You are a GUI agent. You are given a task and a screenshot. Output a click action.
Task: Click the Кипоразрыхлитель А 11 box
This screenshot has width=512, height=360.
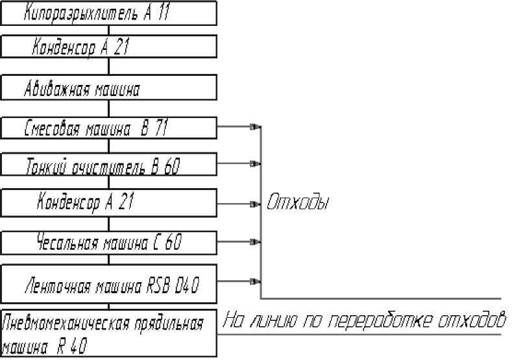[108, 12]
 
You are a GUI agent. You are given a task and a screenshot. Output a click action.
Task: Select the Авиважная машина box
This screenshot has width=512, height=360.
[108, 88]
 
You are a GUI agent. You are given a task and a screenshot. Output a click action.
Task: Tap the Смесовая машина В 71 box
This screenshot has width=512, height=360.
[108, 127]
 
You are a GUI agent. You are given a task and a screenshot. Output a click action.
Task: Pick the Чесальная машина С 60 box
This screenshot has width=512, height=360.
[108, 242]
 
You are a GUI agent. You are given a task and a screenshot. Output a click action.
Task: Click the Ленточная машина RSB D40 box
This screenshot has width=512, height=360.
[108, 283]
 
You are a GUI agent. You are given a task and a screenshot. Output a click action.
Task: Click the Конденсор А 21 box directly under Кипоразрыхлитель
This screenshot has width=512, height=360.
[108, 47]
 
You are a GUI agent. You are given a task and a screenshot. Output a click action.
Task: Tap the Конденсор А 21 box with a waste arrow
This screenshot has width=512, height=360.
[108, 203]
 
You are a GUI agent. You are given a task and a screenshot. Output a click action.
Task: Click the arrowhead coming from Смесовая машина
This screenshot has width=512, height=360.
[256, 127]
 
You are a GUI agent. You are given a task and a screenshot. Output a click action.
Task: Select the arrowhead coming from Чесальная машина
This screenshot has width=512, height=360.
[256, 242]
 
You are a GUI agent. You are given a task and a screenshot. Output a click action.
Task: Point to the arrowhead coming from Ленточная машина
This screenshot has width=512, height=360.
[256, 282]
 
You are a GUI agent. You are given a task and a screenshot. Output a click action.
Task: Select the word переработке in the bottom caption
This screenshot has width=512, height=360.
[383, 320]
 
